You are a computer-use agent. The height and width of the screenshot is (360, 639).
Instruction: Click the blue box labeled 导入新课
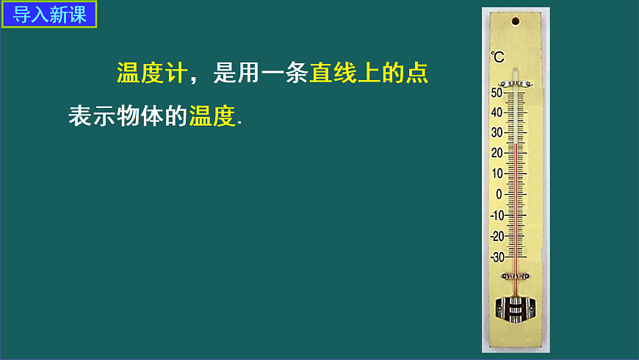pos(50,14)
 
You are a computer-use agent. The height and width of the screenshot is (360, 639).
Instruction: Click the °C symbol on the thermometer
pos(497,57)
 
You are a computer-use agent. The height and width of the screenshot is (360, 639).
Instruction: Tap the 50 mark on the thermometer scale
pos(497,93)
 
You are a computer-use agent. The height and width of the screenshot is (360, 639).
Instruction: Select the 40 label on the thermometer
pos(497,112)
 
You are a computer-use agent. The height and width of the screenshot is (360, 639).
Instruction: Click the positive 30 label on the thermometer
pos(497,133)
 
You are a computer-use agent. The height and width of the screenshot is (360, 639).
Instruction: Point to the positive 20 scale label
pos(497,154)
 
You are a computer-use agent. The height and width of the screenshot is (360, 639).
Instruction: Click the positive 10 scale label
pos(497,174)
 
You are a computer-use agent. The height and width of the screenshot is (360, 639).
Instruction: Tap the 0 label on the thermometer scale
pos(499,195)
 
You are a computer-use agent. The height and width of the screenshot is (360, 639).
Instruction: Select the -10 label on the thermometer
pos(496,215)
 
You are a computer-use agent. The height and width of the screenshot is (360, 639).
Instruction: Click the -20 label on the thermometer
pos(496,236)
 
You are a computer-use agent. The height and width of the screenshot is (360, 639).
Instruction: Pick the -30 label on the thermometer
pos(496,257)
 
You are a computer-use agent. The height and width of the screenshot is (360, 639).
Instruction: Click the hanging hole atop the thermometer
pos(516,21)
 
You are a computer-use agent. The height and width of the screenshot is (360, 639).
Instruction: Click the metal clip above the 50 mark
pos(515,84)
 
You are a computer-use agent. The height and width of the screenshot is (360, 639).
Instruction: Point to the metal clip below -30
pos(515,276)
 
